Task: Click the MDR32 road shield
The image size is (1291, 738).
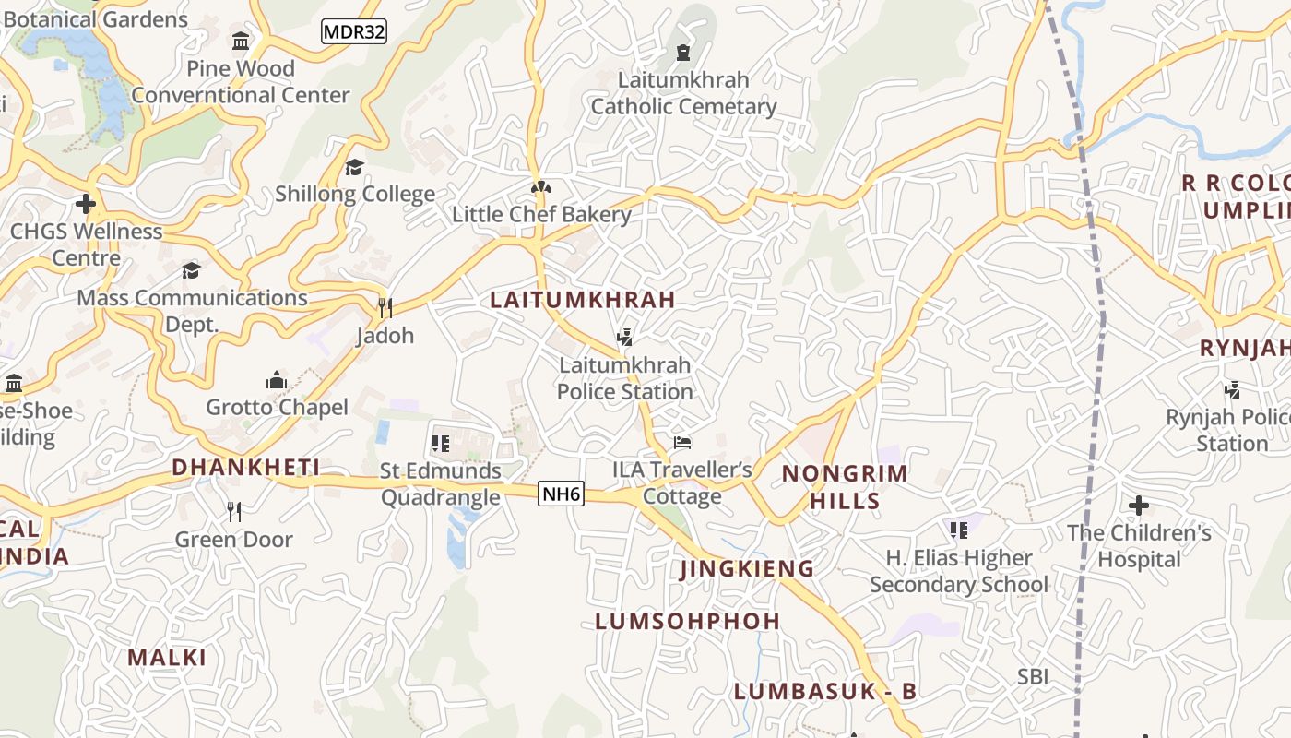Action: coord(353,31)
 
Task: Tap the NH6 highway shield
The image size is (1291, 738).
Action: coord(561,494)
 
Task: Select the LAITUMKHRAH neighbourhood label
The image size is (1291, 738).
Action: coord(583,300)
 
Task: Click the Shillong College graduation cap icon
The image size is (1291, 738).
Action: coord(354,167)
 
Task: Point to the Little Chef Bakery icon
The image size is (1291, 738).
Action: coord(541,188)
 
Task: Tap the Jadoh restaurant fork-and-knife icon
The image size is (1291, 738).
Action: coord(385,307)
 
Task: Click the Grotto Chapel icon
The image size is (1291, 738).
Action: coord(277,380)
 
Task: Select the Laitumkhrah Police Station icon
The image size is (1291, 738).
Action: coord(625,338)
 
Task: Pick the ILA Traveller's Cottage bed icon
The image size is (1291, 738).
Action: coord(682,443)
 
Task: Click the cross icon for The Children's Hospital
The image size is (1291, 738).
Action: coord(1139,506)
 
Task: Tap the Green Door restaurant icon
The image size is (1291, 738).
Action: coord(234,512)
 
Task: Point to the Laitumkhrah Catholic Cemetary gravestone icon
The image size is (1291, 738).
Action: coord(683,53)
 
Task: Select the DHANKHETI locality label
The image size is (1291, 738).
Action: coord(246,468)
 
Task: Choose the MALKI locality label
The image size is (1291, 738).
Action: coord(167,658)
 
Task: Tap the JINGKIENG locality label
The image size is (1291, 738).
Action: coord(747,569)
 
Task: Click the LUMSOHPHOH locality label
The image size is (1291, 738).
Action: coord(688,621)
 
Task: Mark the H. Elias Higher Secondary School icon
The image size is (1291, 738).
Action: coord(959,530)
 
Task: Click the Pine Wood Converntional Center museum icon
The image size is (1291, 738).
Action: coord(242,42)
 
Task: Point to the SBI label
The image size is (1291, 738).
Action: coord(1033,677)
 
